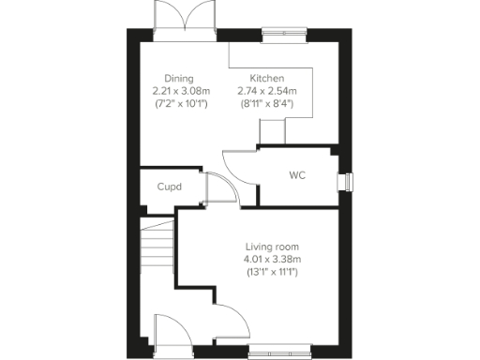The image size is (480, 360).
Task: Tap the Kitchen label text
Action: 267,79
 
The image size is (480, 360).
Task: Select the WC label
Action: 297,175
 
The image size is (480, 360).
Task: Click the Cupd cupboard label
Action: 169,187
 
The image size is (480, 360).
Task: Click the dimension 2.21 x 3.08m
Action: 180,91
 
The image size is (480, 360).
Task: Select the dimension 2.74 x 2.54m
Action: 267,91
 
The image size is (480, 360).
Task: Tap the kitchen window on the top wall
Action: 284,37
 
